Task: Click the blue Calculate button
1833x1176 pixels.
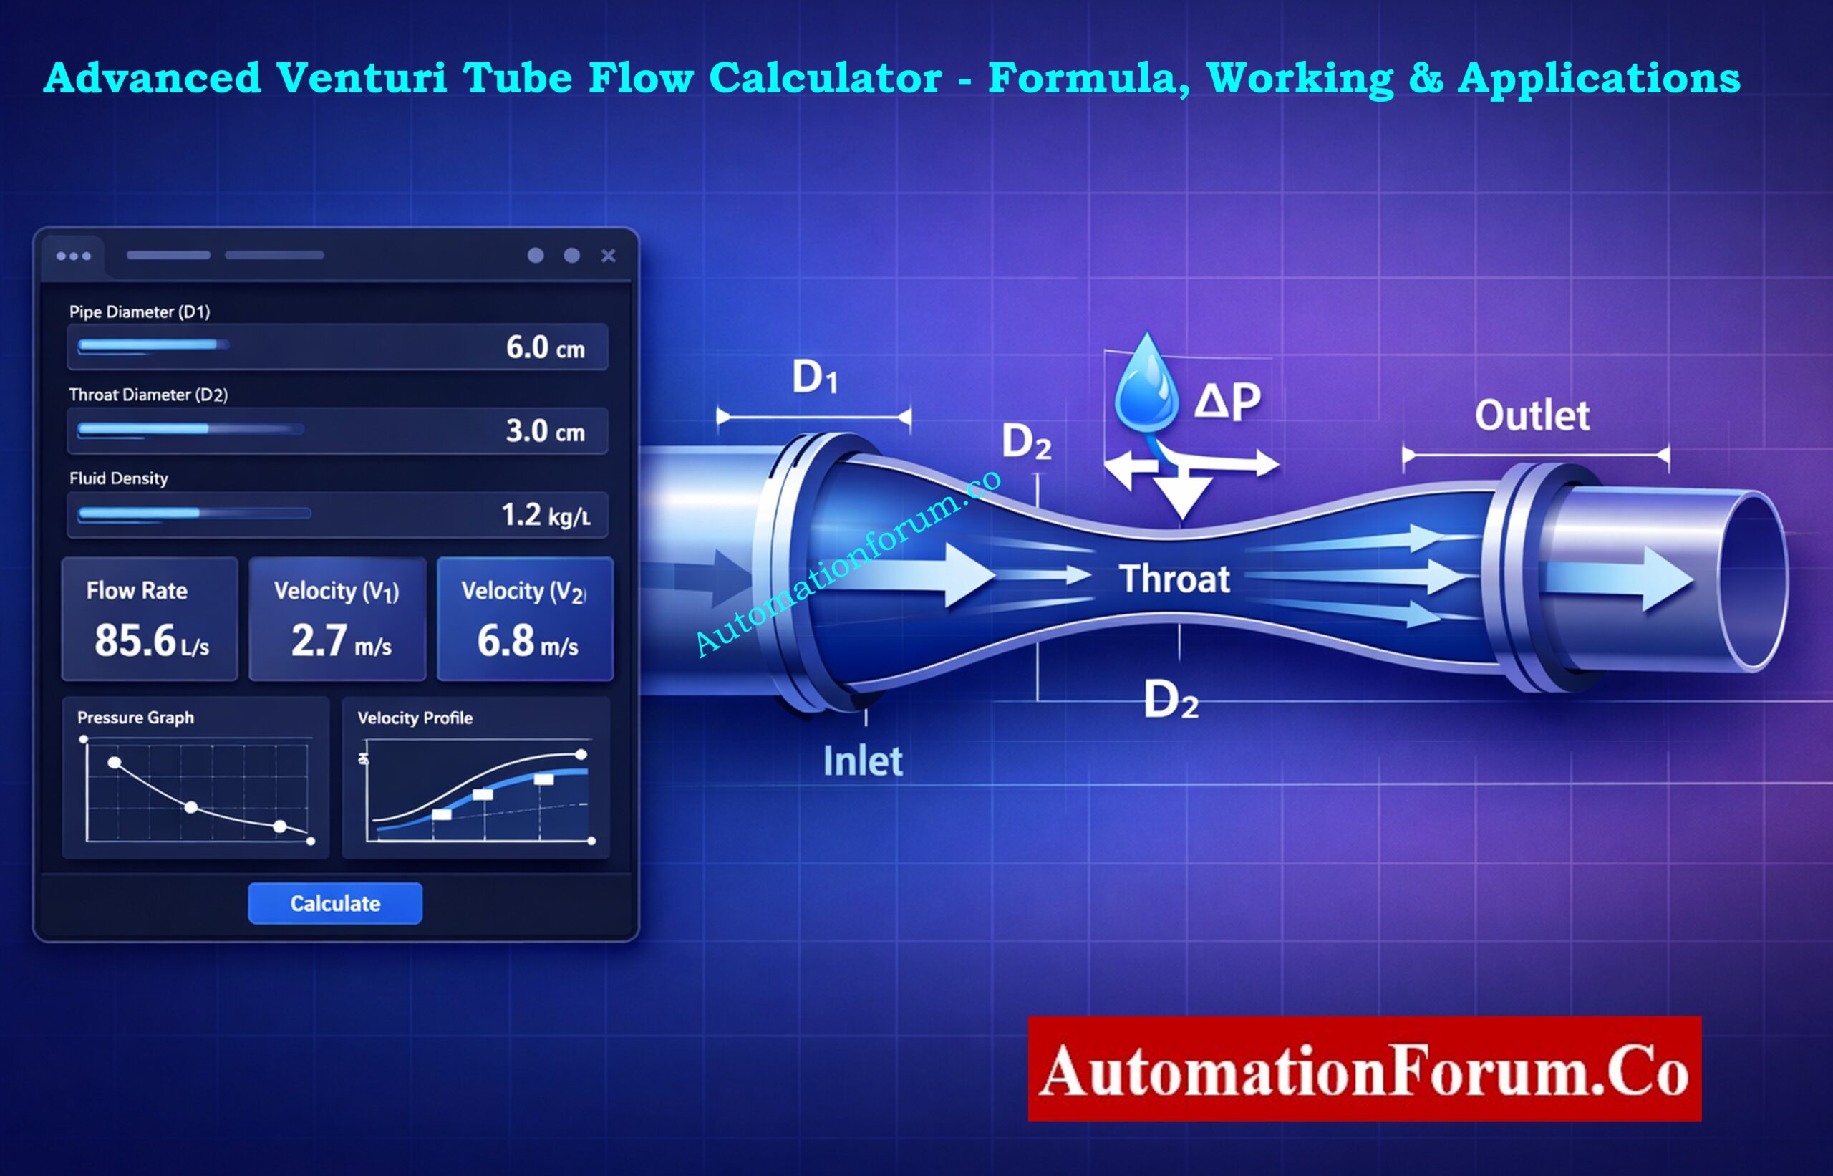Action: [334, 903]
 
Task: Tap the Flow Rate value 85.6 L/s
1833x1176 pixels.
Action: [151, 641]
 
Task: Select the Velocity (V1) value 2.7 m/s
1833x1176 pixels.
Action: [341, 641]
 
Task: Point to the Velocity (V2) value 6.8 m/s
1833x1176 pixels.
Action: [527, 641]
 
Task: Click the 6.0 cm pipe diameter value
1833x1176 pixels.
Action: [544, 348]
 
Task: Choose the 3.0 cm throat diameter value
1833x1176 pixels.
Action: [544, 431]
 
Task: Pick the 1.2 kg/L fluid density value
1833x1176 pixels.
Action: [544, 516]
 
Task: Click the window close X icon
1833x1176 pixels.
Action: [608, 256]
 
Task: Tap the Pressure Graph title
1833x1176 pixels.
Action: [135, 718]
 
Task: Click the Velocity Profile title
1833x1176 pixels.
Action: [415, 718]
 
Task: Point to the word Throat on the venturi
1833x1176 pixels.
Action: [1174, 579]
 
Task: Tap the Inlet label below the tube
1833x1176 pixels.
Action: [863, 761]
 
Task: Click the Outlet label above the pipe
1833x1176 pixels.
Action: [1532, 416]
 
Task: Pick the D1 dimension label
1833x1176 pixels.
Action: [815, 377]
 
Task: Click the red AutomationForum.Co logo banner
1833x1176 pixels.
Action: [1364, 1069]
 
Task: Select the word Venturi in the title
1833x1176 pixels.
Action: [361, 78]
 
